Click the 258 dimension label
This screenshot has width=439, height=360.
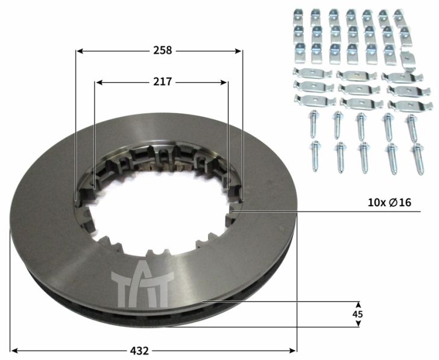coord(162,51)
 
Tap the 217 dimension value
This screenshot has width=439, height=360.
coord(162,82)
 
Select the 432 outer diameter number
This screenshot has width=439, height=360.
coord(139,350)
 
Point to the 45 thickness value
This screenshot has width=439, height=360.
coord(358,314)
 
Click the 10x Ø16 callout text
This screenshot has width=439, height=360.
coord(390,202)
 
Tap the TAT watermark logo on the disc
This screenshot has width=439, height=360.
coord(142,284)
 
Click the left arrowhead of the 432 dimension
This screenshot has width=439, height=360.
coord(15,350)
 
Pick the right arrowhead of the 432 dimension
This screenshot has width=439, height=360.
coord(292,350)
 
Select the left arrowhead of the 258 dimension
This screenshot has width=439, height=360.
coord(80,51)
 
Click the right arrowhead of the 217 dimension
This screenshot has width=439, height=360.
coord(223,82)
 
